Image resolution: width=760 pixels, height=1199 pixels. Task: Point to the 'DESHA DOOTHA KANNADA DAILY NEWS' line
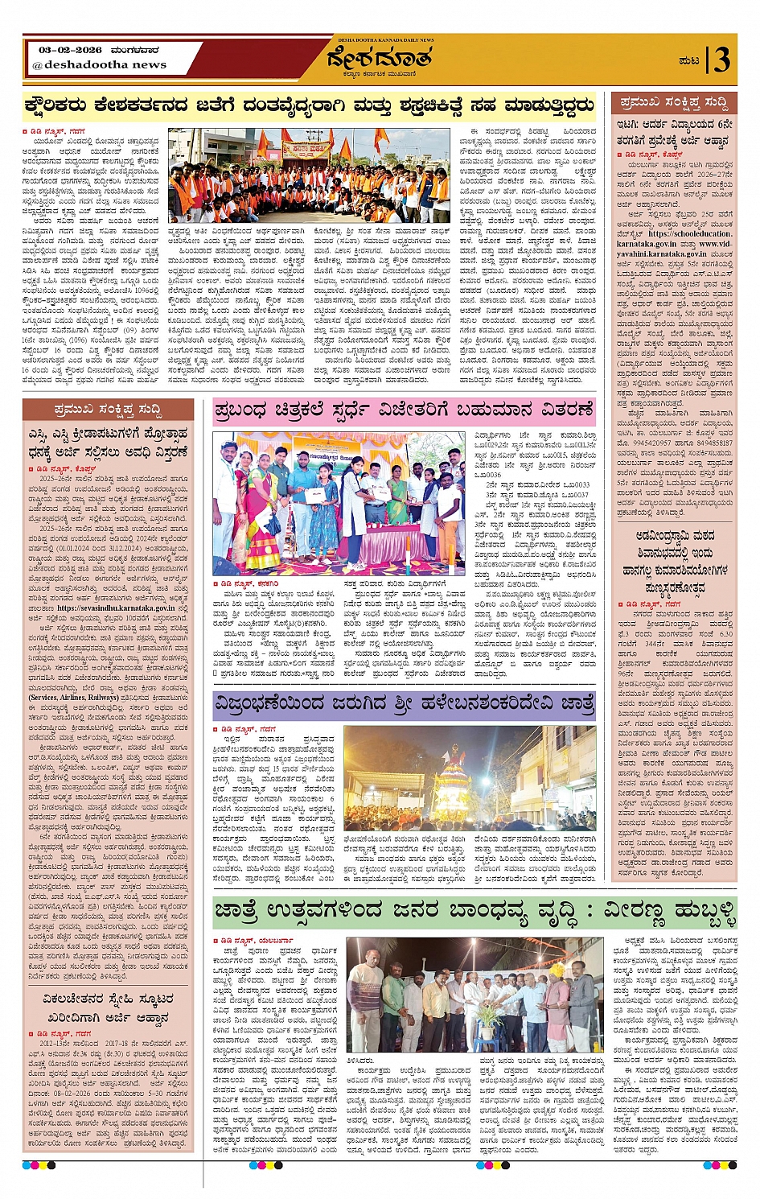[380, 40]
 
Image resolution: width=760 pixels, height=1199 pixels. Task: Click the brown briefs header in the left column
[107, 410]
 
